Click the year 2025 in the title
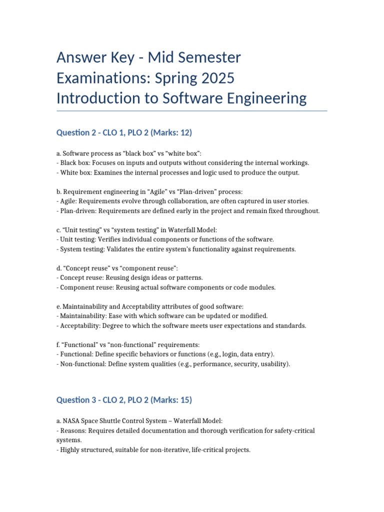(214, 78)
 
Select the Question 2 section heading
(124, 132)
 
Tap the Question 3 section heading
(124, 400)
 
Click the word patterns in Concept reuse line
(189, 277)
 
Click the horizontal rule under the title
(192, 110)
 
